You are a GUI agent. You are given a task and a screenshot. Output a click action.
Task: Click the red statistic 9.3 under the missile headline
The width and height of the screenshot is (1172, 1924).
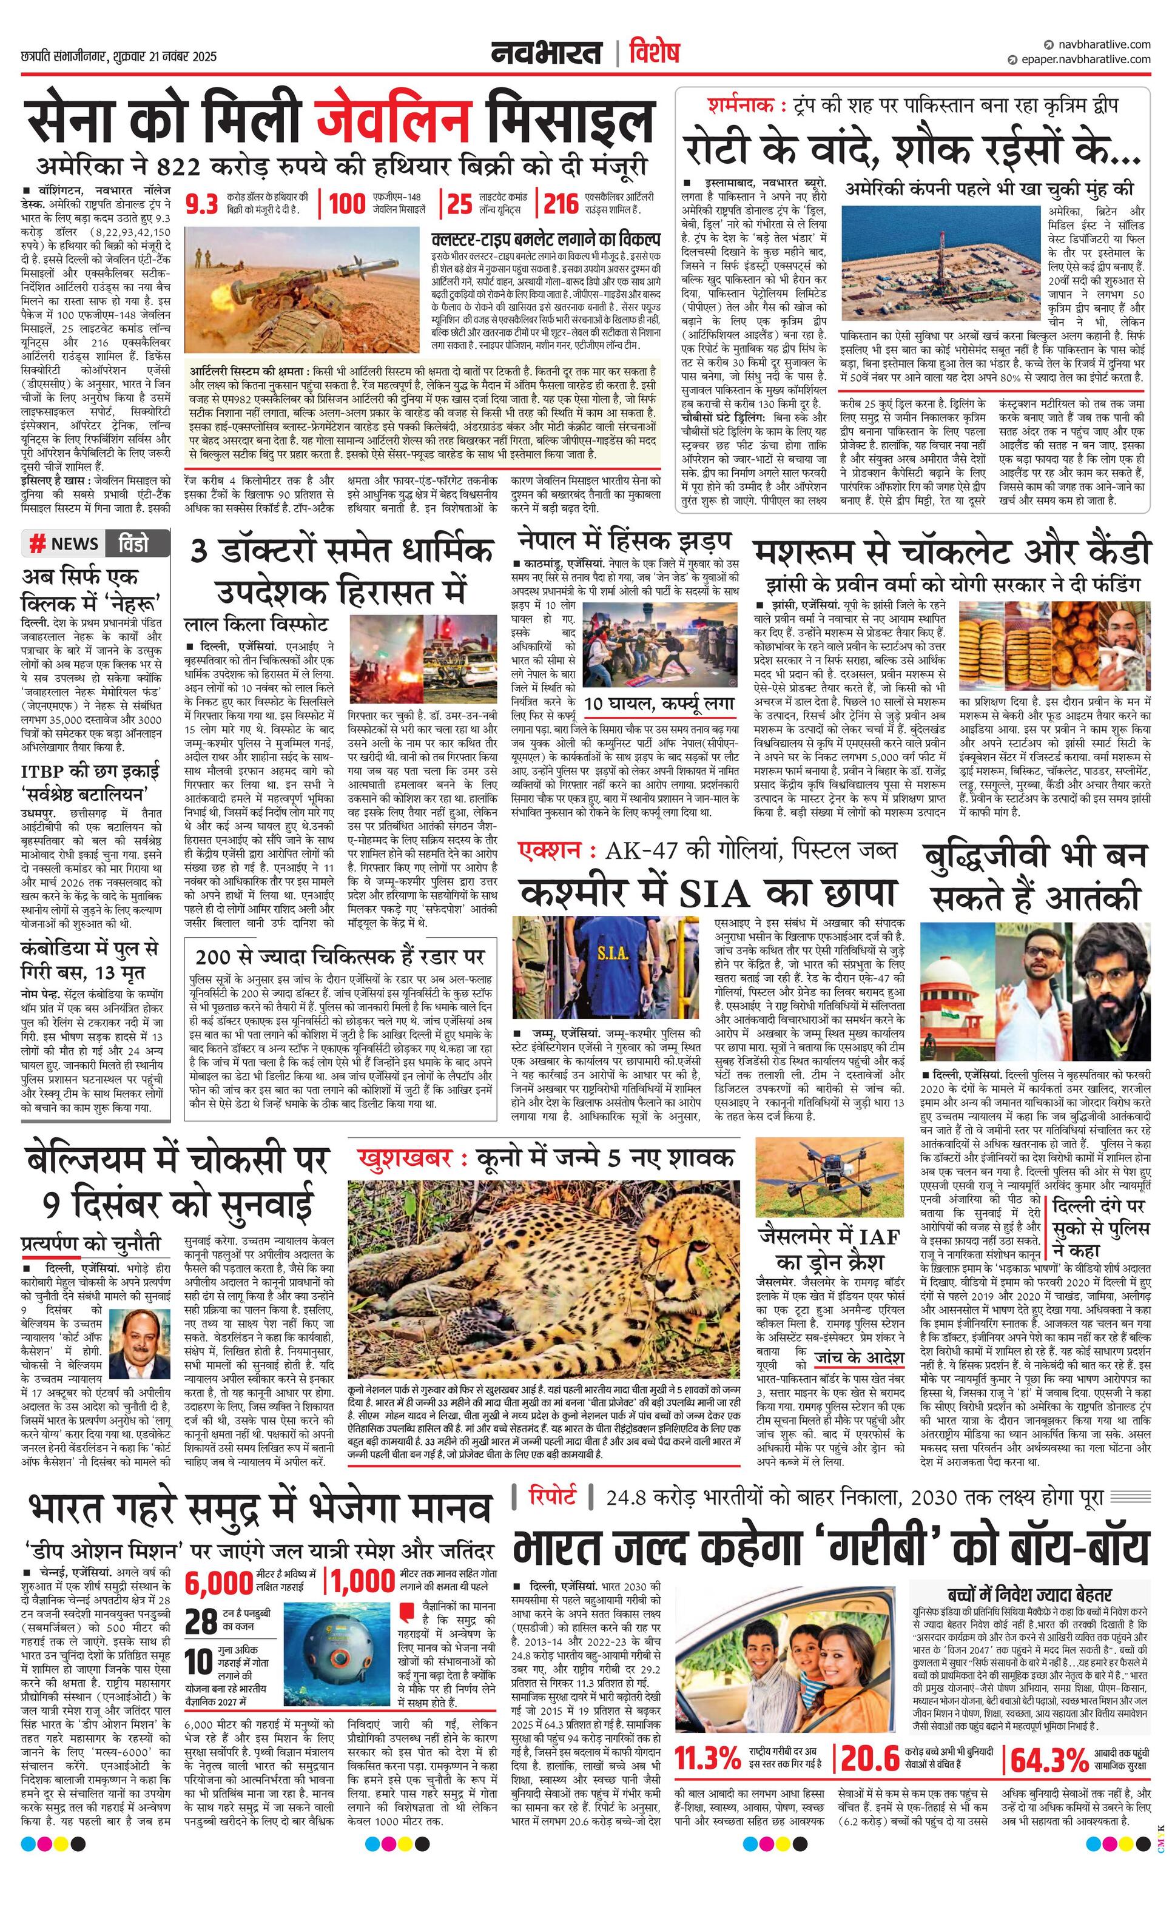click(201, 204)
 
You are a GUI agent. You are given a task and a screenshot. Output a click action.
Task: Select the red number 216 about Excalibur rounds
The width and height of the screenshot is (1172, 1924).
click(561, 204)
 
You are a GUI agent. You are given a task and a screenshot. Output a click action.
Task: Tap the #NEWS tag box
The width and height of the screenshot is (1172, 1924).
click(63, 543)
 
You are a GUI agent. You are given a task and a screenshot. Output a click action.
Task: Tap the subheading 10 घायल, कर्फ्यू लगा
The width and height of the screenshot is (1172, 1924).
click(660, 704)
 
